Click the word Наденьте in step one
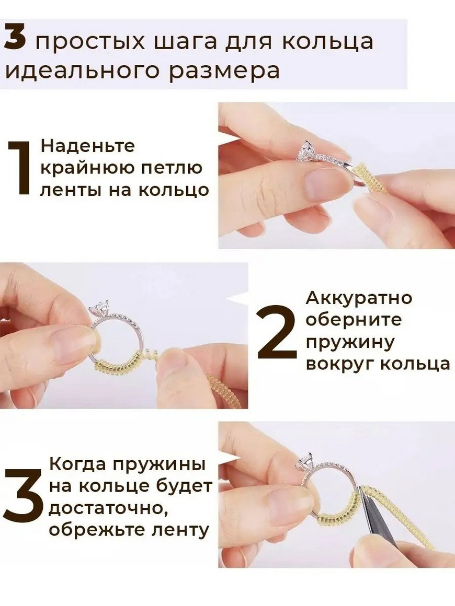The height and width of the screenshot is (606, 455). [88, 146]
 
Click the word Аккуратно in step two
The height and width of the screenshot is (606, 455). [359, 298]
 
